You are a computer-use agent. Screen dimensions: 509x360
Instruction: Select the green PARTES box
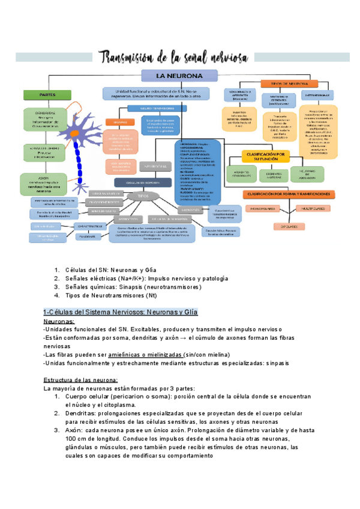click(39, 94)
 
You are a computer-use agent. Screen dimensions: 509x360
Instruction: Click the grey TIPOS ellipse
click(142, 196)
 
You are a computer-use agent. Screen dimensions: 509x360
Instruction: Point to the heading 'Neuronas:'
click(59, 322)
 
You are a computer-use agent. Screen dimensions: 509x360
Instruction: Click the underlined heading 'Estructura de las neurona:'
click(80, 380)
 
